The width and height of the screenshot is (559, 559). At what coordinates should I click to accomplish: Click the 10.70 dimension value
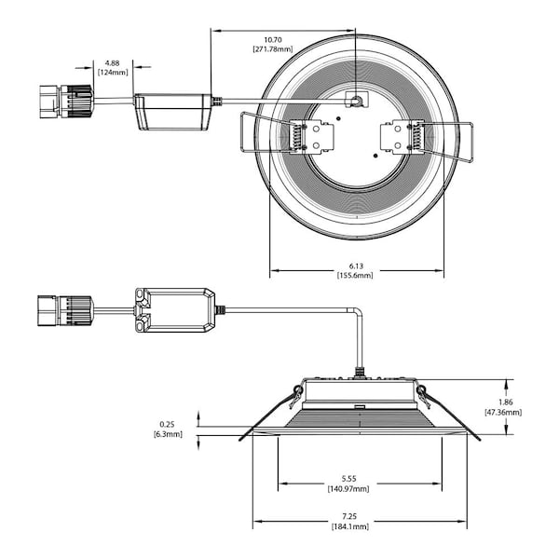coord(272,39)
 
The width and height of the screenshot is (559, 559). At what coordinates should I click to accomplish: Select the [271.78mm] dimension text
coord(272,48)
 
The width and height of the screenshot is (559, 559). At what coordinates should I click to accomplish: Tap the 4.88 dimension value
coord(112,64)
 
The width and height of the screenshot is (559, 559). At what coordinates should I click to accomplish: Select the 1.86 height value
coord(503,402)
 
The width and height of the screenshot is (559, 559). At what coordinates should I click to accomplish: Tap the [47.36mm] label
coord(503,412)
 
